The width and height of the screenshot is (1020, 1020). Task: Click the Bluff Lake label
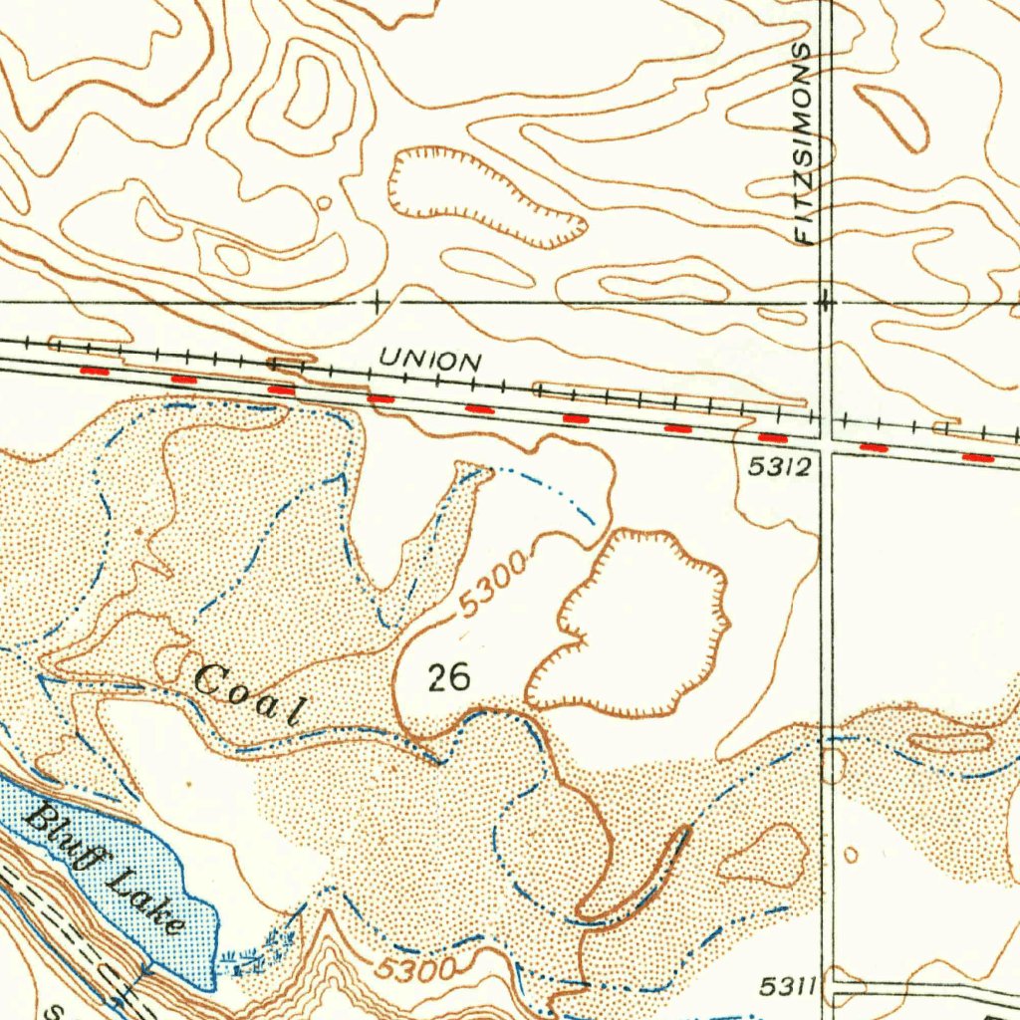[106, 870]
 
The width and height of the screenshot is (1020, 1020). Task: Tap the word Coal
[247, 694]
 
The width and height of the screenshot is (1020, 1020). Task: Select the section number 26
[448, 678]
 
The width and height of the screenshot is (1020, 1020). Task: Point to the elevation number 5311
[787, 987]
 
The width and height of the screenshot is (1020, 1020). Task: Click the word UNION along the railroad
[431, 361]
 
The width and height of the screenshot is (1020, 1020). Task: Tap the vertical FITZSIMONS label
[805, 144]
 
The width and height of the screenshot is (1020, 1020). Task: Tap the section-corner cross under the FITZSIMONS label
[825, 299]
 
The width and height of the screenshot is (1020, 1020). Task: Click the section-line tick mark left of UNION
[377, 302]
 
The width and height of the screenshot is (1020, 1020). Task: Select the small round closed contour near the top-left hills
[323, 203]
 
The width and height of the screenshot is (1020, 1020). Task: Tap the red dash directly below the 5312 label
[774, 437]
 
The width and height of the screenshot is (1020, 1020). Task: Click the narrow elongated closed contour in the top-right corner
[892, 118]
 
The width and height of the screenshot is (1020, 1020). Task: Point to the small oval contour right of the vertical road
[850, 855]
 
